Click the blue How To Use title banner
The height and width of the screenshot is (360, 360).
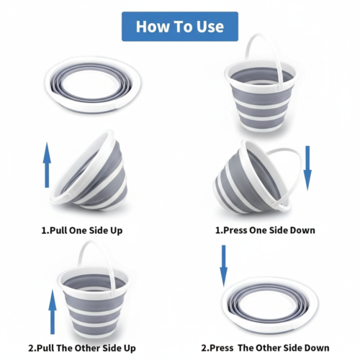pyautogui.click(x=180, y=27)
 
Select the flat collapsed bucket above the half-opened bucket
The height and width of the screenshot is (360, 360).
pyautogui.click(x=93, y=84)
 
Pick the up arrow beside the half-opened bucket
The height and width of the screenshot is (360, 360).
pyautogui.click(x=47, y=165)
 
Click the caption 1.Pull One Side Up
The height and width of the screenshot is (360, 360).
pyautogui.click(x=82, y=230)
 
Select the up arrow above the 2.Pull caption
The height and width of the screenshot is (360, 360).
pyautogui.click(x=53, y=312)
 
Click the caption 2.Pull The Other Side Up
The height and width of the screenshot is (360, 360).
pyautogui.click(x=82, y=348)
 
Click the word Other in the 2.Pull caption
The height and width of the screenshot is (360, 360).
pyautogui.click(x=88, y=348)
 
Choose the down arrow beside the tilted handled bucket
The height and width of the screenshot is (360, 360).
pyautogui.click(x=307, y=168)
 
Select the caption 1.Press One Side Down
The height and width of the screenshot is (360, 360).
pyautogui.click(x=265, y=230)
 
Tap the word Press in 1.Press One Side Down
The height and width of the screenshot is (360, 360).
pyautogui.click(x=235, y=230)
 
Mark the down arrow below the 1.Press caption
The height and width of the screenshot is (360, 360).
pyautogui.click(x=223, y=266)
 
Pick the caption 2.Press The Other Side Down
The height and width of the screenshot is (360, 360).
pyautogui.click(x=265, y=348)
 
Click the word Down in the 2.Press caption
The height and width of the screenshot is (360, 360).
pyautogui.click(x=318, y=348)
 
